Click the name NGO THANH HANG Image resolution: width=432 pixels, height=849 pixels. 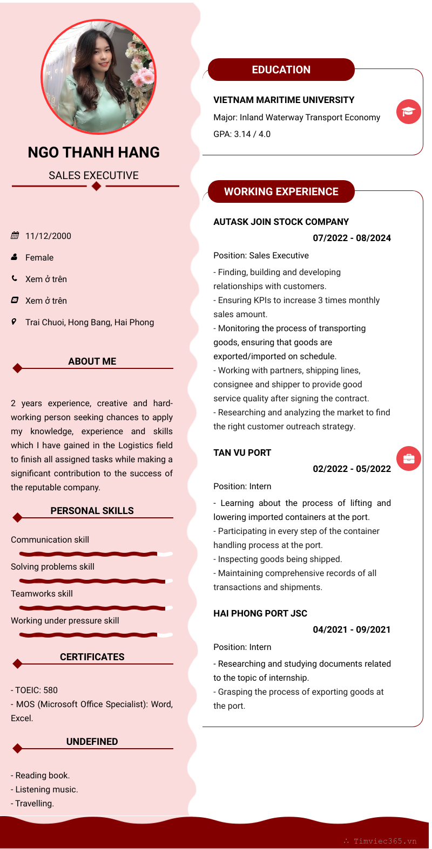[x=93, y=153]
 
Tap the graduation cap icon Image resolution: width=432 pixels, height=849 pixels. [x=409, y=112]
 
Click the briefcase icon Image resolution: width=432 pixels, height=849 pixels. [x=409, y=458]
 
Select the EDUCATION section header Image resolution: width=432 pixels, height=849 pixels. [x=281, y=70]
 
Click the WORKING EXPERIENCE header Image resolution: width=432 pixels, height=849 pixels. [x=281, y=191]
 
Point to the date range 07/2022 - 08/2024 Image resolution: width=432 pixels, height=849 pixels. [x=352, y=238]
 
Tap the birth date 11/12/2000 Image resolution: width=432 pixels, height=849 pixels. [x=48, y=236]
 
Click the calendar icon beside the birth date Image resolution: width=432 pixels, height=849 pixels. [x=15, y=236]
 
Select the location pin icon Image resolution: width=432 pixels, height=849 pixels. [x=14, y=322]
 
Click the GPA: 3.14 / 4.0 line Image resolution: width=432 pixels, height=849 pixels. [x=242, y=134]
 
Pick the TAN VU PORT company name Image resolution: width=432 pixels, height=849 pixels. [x=242, y=453]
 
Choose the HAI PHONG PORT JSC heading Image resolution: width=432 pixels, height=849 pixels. [x=260, y=613]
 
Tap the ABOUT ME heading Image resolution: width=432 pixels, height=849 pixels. [x=92, y=361]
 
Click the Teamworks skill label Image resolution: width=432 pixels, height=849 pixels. [x=42, y=593]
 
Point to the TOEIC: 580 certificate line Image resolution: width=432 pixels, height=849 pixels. [x=35, y=690]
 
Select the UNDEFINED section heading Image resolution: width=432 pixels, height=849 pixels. [x=92, y=742]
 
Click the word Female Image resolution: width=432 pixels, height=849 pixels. [x=39, y=257]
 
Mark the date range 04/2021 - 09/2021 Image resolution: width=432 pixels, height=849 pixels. [x=352, y=629]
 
